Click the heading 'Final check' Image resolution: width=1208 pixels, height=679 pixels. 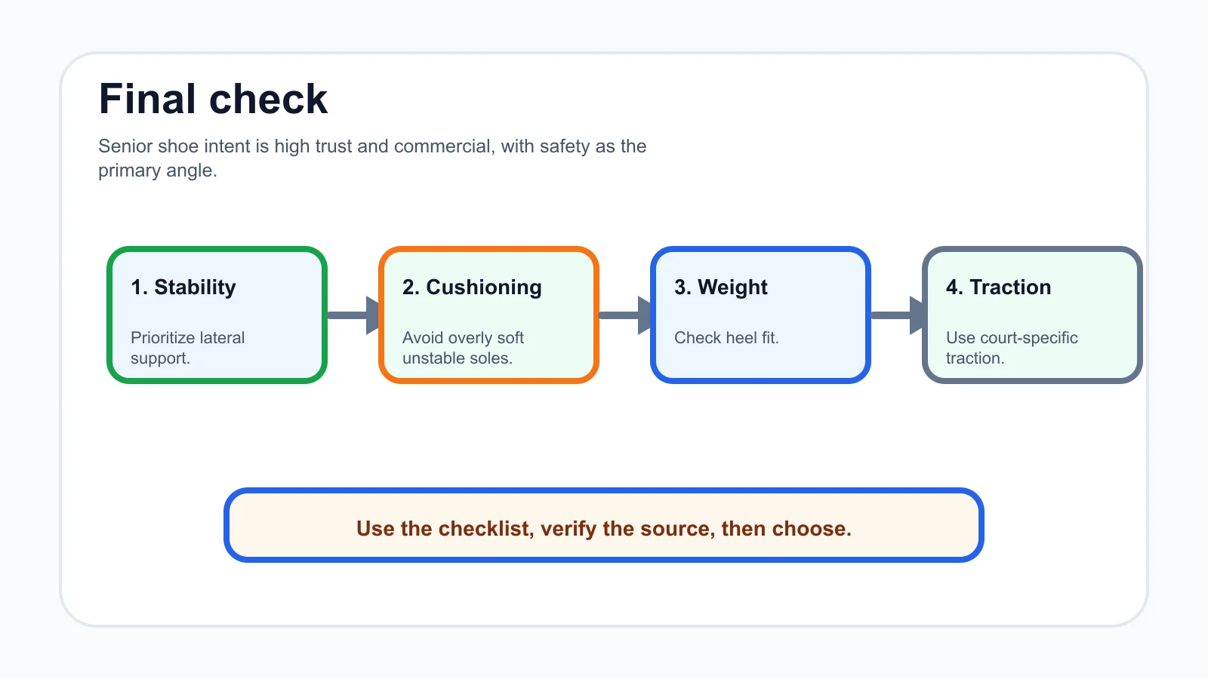213,99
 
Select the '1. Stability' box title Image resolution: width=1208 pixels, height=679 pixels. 183,287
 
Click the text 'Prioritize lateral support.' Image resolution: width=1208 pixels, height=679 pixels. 188,348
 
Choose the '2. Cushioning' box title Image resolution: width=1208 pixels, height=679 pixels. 472,287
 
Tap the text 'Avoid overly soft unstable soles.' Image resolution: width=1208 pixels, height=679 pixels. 464,348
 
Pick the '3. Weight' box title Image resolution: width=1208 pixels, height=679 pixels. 721,287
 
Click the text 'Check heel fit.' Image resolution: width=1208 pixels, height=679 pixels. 726,338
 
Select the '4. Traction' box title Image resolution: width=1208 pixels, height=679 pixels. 999,287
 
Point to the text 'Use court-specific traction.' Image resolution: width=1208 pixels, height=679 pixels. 1012,348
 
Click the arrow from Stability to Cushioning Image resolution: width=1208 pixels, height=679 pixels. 353,315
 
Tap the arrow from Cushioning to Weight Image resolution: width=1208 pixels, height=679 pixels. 625,315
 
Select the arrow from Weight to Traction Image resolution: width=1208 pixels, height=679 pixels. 897,315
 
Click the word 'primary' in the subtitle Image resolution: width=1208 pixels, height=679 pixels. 129,171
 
